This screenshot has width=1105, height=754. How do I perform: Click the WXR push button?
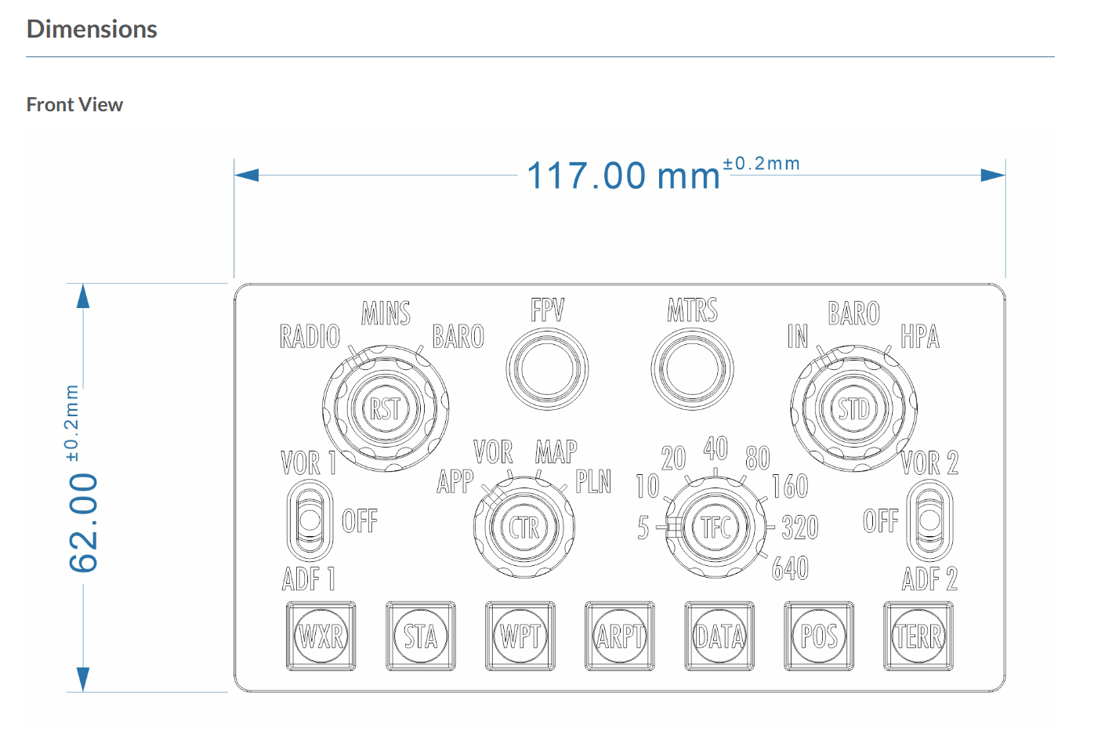[321, 636]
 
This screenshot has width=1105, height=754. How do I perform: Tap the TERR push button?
[918, 636]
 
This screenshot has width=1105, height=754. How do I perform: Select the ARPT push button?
[620, 636]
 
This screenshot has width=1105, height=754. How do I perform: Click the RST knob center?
[386, 408]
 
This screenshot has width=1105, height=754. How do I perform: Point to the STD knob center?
[854, 408]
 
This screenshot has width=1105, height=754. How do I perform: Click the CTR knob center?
[524, 527]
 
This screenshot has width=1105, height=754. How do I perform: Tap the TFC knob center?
[716, 527]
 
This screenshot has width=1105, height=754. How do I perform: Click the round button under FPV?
[547, 369]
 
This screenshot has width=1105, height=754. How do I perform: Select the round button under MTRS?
[692, 369]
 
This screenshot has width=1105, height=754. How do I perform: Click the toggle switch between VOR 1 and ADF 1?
[310, 520]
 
